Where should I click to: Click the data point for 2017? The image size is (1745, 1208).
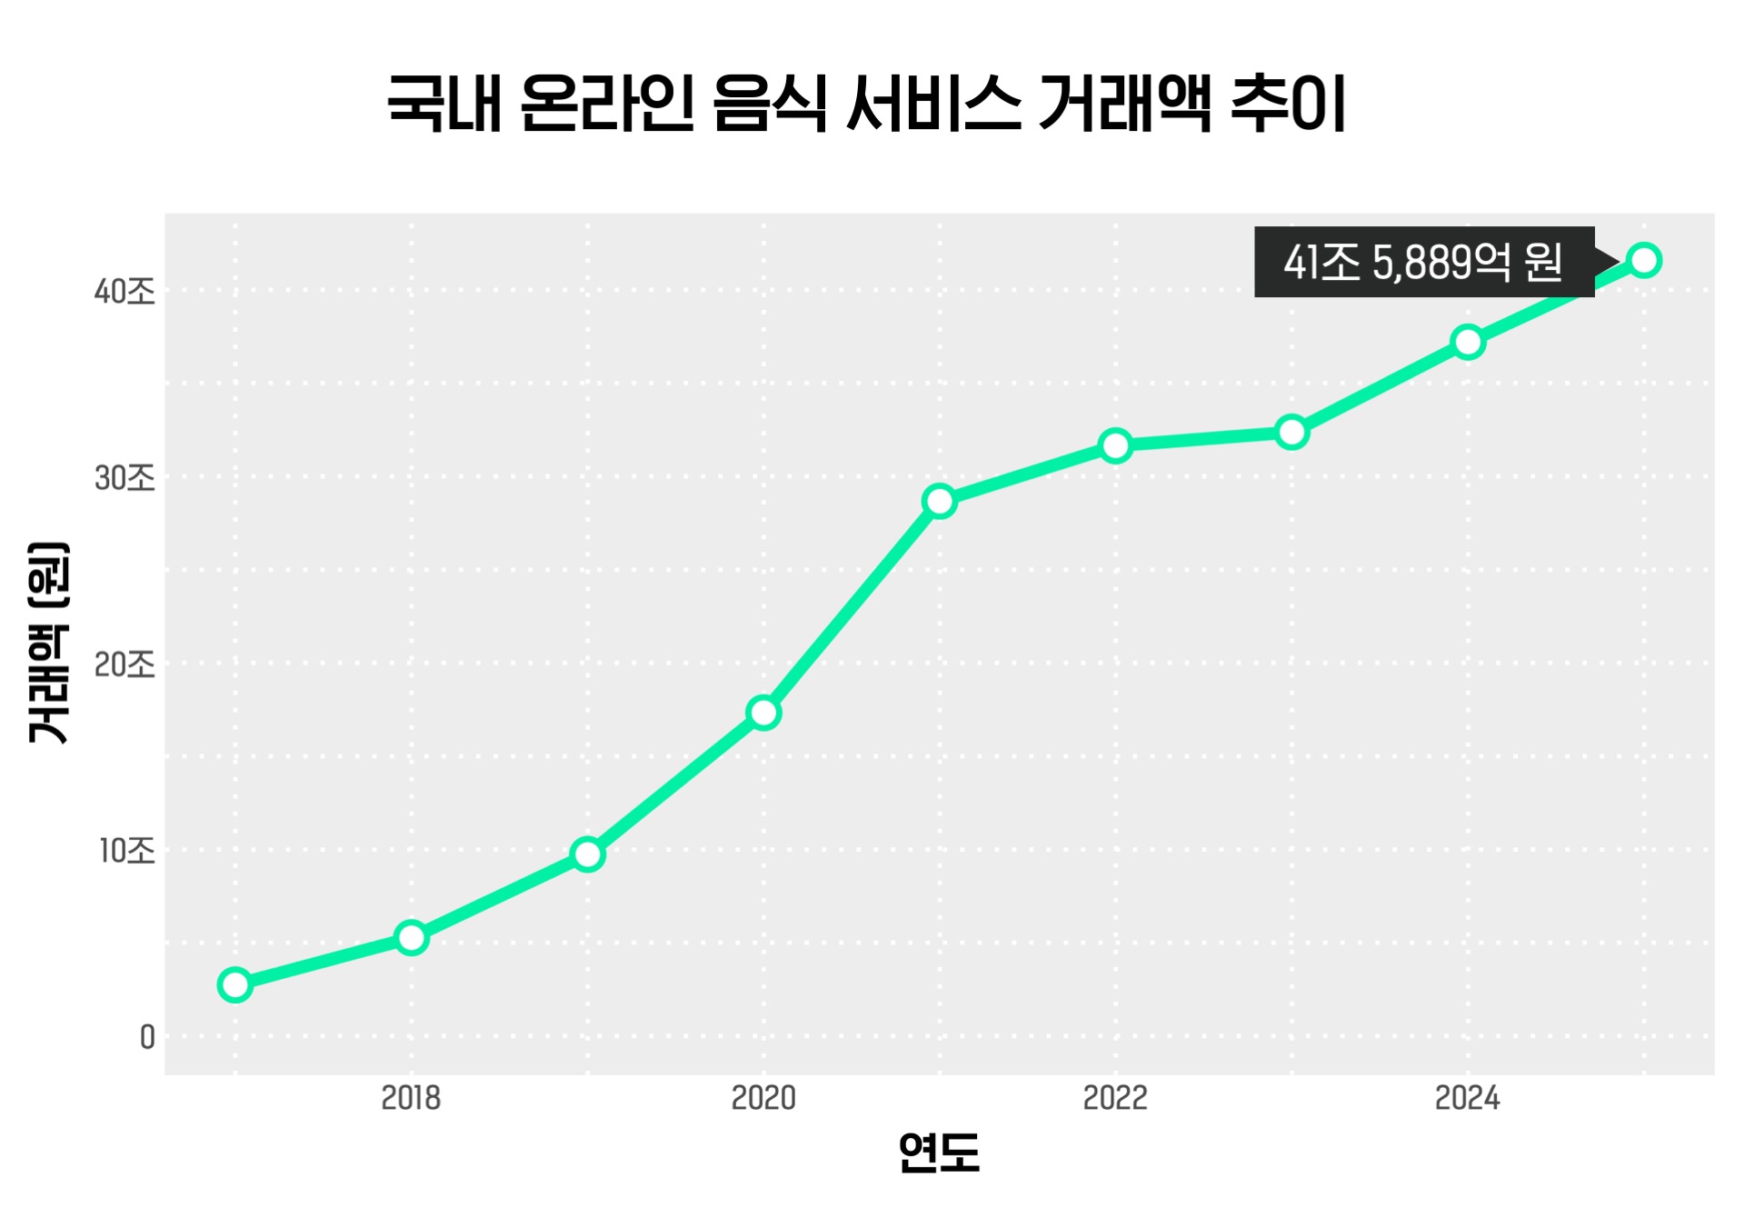coord(235,984)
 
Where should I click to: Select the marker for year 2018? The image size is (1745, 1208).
coord(412,937)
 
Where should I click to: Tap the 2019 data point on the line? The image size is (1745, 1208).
coord(588,854)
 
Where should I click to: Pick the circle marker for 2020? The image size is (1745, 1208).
coord(763,713)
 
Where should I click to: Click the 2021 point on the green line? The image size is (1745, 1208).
coord(940,501)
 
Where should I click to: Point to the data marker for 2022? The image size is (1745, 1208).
coord(1115,445)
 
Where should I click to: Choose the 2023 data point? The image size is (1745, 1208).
coord(1291,432)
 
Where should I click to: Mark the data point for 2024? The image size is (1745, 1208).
coord(1468,342)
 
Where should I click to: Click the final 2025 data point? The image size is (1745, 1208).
coord(1644,260)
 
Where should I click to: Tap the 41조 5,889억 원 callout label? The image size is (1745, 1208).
coord(1423,262)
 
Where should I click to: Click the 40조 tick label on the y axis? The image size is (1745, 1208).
coord(125,292)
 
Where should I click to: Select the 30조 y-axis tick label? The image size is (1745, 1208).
coord(125,478)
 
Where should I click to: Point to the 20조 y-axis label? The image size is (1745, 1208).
coord(125,664)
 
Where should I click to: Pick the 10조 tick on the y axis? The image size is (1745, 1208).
coord(127,851)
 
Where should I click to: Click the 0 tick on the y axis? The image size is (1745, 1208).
coord(147,1037)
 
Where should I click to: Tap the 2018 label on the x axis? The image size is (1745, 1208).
coord(411,1098)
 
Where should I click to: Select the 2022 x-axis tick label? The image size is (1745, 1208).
coord(1115,1098)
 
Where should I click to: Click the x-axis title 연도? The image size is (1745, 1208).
coord(939,1153)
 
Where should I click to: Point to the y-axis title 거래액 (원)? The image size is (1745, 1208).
coord(48,643)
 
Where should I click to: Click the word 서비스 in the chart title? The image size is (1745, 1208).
coord(932,104)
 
